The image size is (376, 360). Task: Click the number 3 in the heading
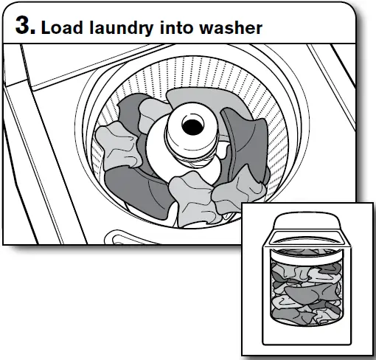tap(24, 27)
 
